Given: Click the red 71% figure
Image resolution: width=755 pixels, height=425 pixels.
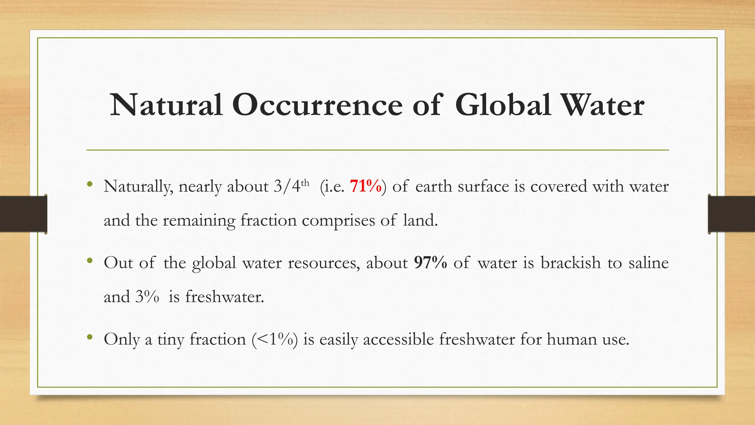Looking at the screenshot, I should coord(366,186).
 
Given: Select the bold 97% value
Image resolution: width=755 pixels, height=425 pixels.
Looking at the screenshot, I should coord(430,263).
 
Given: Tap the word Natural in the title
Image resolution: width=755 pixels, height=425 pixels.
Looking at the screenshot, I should coord(166,106).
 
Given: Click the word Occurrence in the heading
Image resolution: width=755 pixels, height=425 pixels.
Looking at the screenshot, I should coord(317,106).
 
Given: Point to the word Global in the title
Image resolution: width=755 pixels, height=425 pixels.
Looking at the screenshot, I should coord(503,106).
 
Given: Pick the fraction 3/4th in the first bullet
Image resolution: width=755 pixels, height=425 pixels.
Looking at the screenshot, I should coord(291,186).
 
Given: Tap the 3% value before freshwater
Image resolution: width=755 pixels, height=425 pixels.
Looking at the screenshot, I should coord(147,297).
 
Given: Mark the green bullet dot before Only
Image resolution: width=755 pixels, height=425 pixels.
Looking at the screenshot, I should coord(90,337).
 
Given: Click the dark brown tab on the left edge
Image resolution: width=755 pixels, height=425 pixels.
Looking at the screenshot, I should coord(23,214).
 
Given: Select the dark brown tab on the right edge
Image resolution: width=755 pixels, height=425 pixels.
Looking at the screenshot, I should coord(731,214).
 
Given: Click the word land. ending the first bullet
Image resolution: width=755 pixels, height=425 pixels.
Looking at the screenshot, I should coord(420,221).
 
